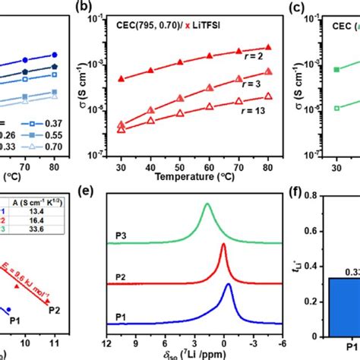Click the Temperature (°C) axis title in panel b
click(191, 179)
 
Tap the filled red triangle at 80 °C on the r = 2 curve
click(267, 47)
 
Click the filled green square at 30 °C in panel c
click(336, 69)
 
